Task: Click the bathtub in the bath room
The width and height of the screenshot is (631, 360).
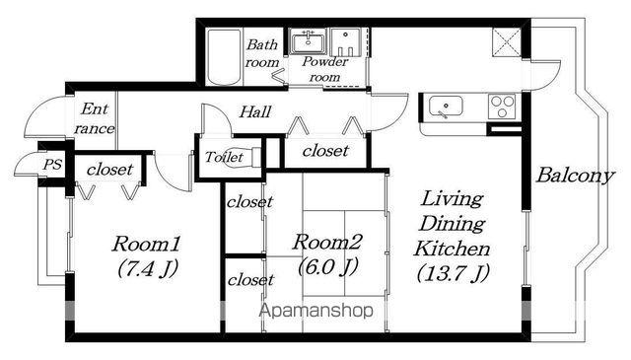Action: [224, 56]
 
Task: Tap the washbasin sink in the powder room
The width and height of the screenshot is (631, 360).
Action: [309, 41]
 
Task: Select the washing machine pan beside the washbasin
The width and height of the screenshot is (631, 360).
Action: [346, 41]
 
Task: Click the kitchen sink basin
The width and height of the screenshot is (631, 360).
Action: [446, 108]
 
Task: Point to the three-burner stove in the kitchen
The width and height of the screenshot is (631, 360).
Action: [502, 107]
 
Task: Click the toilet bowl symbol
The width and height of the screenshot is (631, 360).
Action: [249, 157]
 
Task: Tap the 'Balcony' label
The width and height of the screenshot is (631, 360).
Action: [575, 176]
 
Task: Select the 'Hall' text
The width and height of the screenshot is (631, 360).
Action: [255, 112]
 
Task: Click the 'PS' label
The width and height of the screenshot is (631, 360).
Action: [52, 165]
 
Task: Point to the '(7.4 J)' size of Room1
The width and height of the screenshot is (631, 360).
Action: [148, 268]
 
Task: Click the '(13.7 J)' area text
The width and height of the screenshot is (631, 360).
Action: [453, 273]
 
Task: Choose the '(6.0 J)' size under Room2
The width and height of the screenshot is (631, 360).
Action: [327, 266]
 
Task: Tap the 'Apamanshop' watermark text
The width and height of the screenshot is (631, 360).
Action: [316, 311]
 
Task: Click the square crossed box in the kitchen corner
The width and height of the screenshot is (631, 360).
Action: [506, 42]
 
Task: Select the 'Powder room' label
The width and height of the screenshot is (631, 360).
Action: [324, 69]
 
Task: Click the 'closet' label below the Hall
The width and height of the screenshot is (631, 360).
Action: [325, 151]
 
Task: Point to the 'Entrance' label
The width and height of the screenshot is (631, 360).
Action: [95, 118]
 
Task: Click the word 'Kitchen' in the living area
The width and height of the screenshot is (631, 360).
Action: [453, 249]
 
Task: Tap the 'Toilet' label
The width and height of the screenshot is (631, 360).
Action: [224, 157]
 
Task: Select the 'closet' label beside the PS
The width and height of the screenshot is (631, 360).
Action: [109, 170]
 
